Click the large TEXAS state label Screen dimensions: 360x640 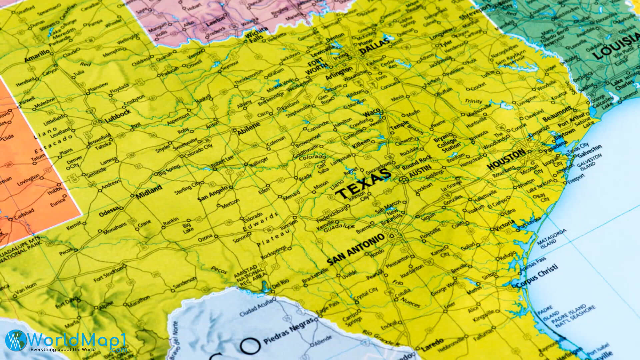pyautogui.click(x=362, y=184)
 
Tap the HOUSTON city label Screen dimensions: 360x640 pyautogui.click(x=506, y=159)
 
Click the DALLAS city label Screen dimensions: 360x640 pyautogui.click(x=375, y=47)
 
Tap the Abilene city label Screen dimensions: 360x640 pyautogui.click(x=248, y=128)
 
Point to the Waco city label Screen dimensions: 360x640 pyautogui.click(x=372, y=113)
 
